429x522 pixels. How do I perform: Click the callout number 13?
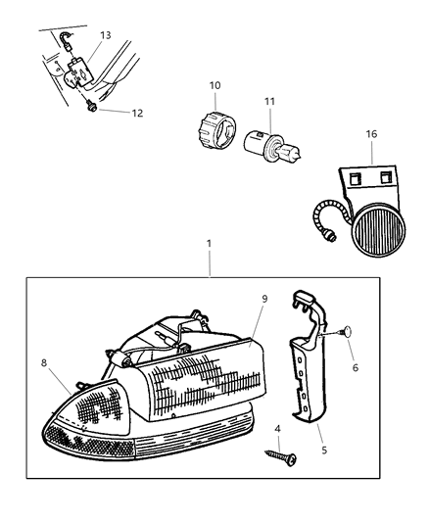106,34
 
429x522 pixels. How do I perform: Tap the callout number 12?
137,113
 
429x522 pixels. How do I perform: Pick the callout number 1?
208,241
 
